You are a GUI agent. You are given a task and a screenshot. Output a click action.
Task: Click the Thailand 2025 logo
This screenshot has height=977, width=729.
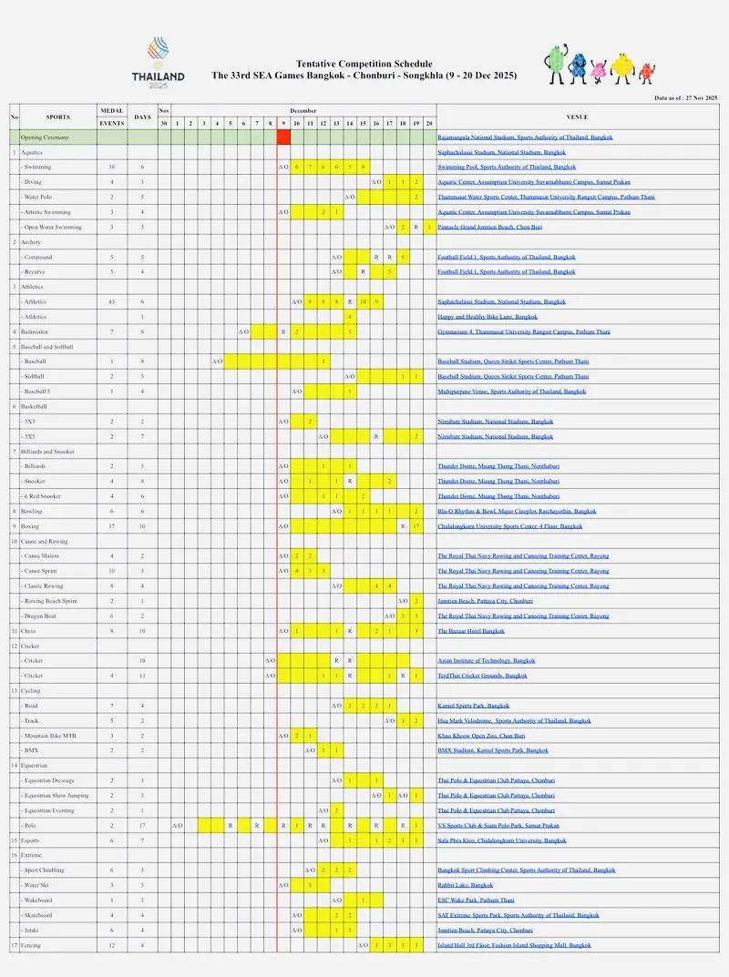click(x=158, y=62)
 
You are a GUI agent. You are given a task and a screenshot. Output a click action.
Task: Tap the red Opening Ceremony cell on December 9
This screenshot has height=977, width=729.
click(x=283, y=137)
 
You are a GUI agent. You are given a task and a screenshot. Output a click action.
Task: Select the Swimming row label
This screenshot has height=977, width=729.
click(x=38, y=168)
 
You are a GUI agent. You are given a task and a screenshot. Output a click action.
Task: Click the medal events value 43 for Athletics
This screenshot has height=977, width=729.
click(x=111, y=302)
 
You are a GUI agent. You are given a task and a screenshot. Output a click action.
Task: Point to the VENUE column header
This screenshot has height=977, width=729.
click(x=577, y=117)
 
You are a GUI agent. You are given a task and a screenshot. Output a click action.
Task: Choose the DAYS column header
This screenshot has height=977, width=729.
click(x=142, y=117)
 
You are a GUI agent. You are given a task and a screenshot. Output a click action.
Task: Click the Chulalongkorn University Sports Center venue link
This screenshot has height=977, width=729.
click(x=509, y=526)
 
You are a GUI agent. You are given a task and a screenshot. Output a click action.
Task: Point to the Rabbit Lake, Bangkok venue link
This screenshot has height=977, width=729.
click(x=465, y=885)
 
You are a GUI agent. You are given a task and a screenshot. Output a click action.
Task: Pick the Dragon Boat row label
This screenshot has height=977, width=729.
click(x=43, y=616)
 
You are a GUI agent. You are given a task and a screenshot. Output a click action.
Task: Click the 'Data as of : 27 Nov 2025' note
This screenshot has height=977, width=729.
click(x=686, y=97)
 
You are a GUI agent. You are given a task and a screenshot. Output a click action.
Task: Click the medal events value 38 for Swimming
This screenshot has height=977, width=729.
click(x=111, y=168)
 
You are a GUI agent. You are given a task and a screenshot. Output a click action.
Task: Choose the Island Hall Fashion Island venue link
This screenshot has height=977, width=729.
click(x=514, y=945)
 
